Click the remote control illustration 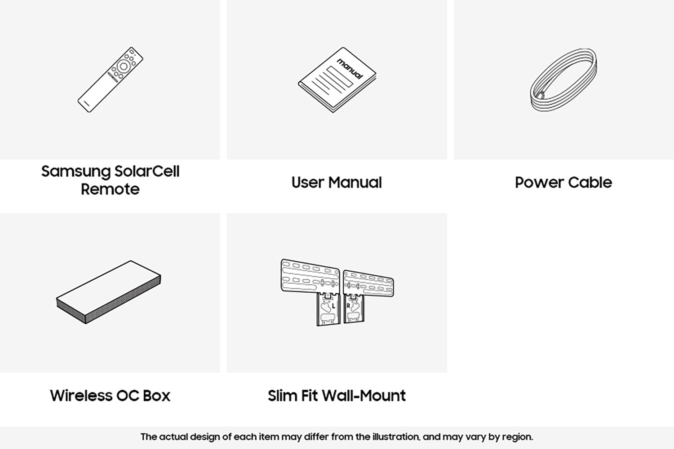coord(110,79)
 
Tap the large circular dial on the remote coord(123,66)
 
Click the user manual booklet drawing coord(337,80)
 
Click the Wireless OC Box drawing coord(109,292)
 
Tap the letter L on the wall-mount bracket coord(333,307)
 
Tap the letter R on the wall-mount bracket coord(348,306)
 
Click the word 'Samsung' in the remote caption coord(76,172)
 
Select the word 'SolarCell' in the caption coord(147,171)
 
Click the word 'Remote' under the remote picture coord(110,189)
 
